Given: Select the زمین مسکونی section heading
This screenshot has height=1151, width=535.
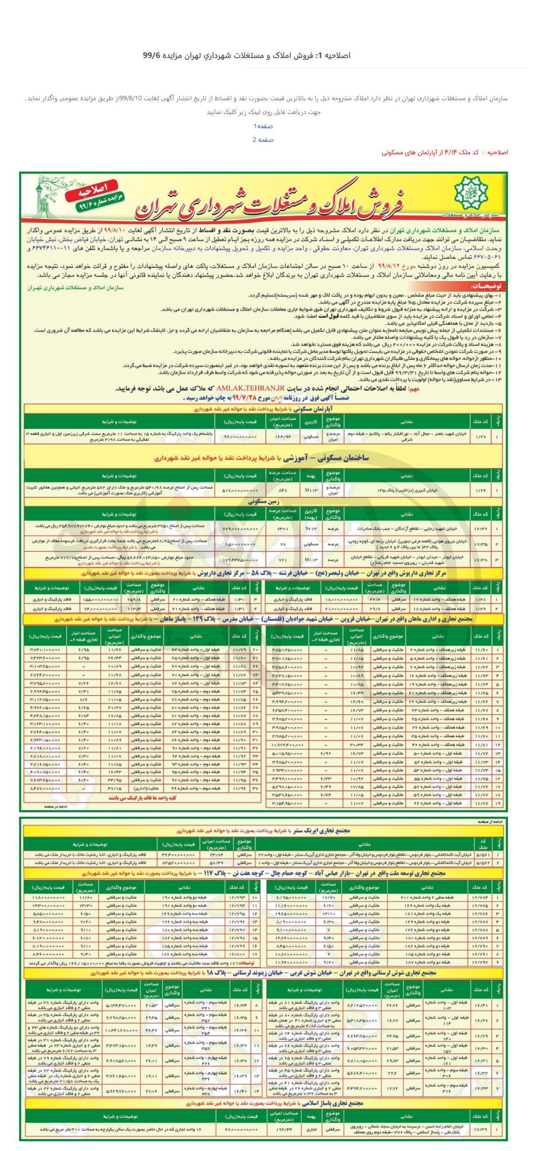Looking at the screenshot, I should pyautogui.click(x=263, y=502).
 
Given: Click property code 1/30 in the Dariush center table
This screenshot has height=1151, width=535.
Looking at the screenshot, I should pyautogui.click(x=238, y=599).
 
